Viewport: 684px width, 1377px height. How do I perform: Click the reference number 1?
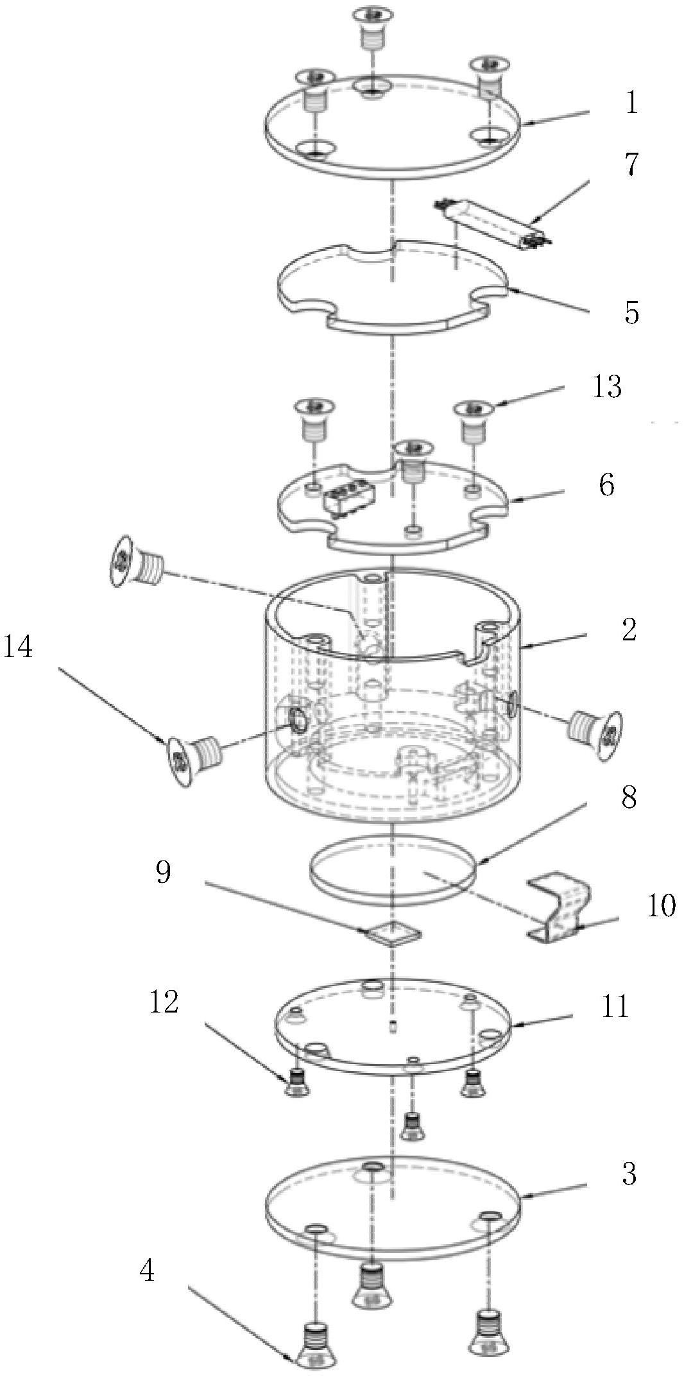(632, 103)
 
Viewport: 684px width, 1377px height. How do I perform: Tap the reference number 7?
(632, 165)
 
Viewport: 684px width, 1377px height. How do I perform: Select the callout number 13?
(607, 387)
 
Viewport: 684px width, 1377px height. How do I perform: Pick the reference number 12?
(164, 1002)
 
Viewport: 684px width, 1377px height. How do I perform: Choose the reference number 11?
(615, 1007)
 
